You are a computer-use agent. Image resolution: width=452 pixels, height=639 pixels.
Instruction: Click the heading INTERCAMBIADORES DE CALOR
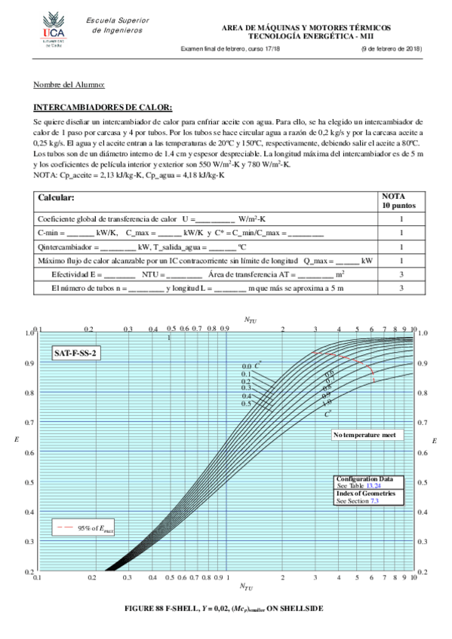pos(103,107)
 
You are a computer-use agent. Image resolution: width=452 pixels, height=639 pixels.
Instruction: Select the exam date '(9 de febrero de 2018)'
pos(391,49)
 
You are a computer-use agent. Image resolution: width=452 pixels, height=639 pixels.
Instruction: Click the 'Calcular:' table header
pos(57,197)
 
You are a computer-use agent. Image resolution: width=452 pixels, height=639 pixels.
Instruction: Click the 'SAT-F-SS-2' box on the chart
pos(76,353)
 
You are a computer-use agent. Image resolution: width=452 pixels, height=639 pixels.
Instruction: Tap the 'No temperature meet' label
pos(367,436)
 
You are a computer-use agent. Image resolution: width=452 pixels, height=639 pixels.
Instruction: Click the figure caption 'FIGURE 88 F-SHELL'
pos(225,607)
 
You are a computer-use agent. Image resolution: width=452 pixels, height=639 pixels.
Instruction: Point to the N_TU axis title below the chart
pos(247,585)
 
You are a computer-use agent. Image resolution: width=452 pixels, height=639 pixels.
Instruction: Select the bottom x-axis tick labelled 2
pos(282,578)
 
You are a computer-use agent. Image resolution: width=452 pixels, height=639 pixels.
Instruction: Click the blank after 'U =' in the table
pos(216,218)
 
